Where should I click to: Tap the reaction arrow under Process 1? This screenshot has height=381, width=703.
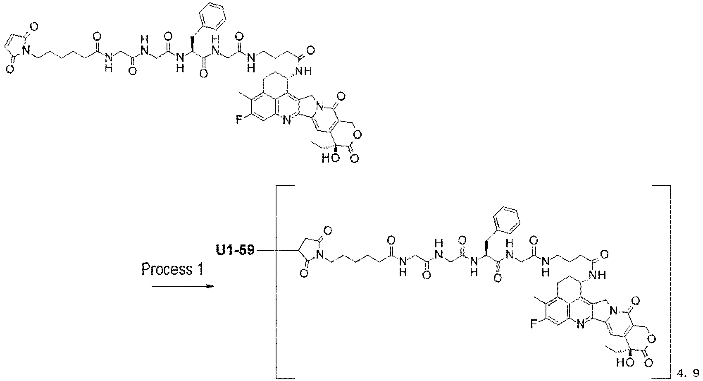[x=182, y=286]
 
